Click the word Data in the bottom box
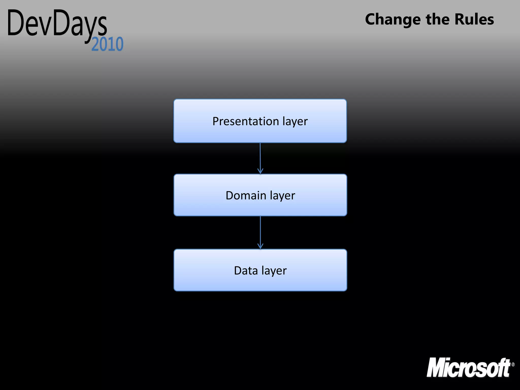pos(246,270)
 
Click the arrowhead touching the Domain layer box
pos(260,171)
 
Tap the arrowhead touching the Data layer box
pos(260,246)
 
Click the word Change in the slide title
pos(393,20)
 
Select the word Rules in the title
pos(474,19)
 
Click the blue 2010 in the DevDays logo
pos(107,44)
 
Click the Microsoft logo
pos(468,367)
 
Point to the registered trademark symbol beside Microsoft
pos(513,365)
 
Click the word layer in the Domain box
pos(282,196)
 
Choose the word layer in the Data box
pos(274,271)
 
